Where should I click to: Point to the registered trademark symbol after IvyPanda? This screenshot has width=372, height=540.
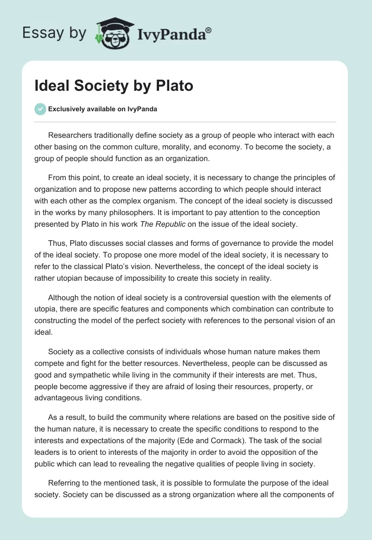pos(209,29)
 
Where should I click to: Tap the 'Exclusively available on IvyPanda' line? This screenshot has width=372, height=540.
pos(102,109)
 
